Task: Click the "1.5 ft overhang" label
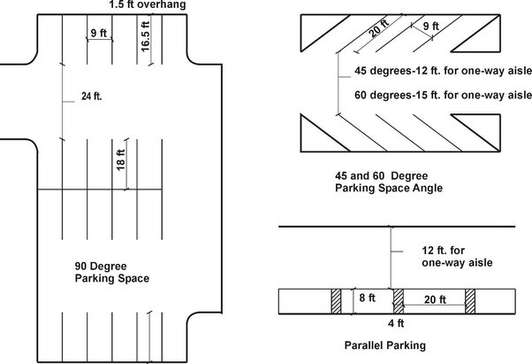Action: tap(148, 4)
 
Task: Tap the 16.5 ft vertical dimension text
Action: tap(145, 36)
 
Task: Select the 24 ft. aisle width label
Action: tap(92, 97)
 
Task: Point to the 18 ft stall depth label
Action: tap(120, 159)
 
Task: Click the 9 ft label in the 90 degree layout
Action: tap(99, 33)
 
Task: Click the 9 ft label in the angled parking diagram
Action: tap(431, 26)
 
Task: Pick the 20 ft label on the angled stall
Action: tap(378, 27)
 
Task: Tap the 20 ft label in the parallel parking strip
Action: tap(435, 299)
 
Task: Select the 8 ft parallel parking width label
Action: tap(368, 298)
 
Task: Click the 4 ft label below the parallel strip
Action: tap(396, 323)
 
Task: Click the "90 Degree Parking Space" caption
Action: tap(112, 272)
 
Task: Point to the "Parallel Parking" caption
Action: tap(385, 345)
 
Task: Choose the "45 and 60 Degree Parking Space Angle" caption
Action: tap(389, 182)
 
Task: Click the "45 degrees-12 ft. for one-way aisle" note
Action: tap(443, 71)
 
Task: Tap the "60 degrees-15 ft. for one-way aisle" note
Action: tap(443, 95)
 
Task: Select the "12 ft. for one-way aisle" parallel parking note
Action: tap(457, 257)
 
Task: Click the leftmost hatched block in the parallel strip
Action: tap(336, 301)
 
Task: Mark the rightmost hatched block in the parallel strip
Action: tap(470, 301)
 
